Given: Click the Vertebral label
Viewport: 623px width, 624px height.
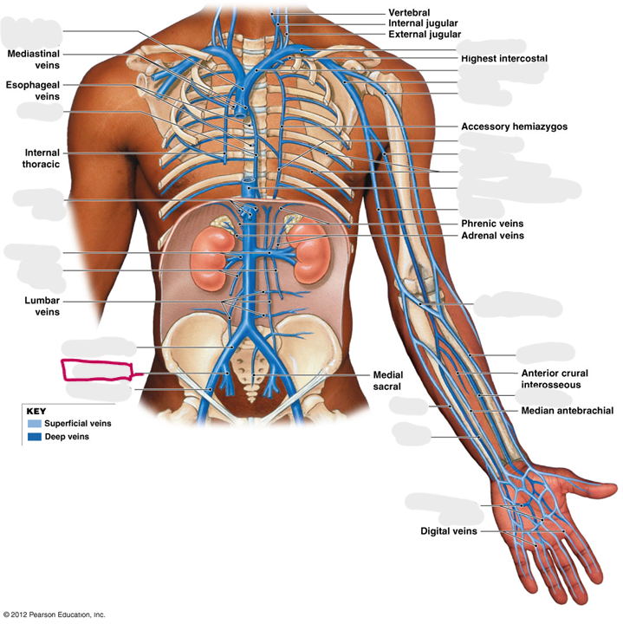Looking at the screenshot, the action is pos(409,12).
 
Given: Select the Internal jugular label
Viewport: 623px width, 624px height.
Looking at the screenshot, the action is pos(423,23).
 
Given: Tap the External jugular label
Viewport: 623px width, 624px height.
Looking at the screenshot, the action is pos(425,34).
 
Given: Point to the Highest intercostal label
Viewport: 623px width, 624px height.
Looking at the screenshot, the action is pos(504,59).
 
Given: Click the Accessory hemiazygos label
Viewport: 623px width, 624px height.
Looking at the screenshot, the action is pos(514,127).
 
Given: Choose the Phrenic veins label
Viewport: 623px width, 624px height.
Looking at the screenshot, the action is pos(492,224).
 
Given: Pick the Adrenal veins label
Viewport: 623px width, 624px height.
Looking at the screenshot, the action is pos(492,236).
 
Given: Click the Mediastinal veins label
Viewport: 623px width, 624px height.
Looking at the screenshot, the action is pos(34,59).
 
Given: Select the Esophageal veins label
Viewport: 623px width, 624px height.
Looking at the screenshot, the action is pos(33,91).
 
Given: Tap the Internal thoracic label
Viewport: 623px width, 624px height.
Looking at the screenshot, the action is pos(42,159).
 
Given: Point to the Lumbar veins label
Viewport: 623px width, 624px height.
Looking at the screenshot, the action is pos(42,306).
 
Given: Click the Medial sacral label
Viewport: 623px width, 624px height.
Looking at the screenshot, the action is pos(388,380).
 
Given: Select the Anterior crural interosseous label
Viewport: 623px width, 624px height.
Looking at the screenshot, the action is pos(555,379).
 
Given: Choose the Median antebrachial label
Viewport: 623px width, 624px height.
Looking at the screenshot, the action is pos(568,410).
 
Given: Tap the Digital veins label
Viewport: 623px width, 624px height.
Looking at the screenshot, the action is pos(448,531).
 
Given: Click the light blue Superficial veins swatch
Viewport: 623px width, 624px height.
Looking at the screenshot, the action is pos(34,424).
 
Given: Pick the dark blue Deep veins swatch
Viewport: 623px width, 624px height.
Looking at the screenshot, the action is pos(34,437).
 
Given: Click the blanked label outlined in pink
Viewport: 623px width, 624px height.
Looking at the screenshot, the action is pos(97,371).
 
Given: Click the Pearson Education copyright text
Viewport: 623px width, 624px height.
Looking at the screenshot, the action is pos(54,614).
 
